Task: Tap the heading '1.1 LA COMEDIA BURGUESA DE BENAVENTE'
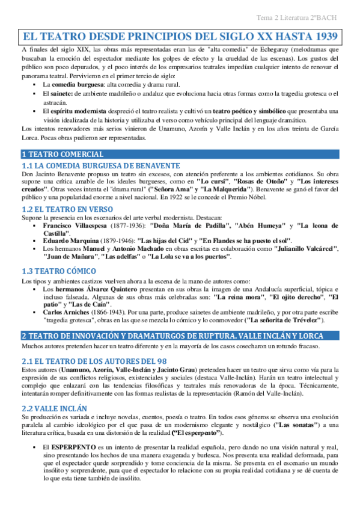pos(100,165)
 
